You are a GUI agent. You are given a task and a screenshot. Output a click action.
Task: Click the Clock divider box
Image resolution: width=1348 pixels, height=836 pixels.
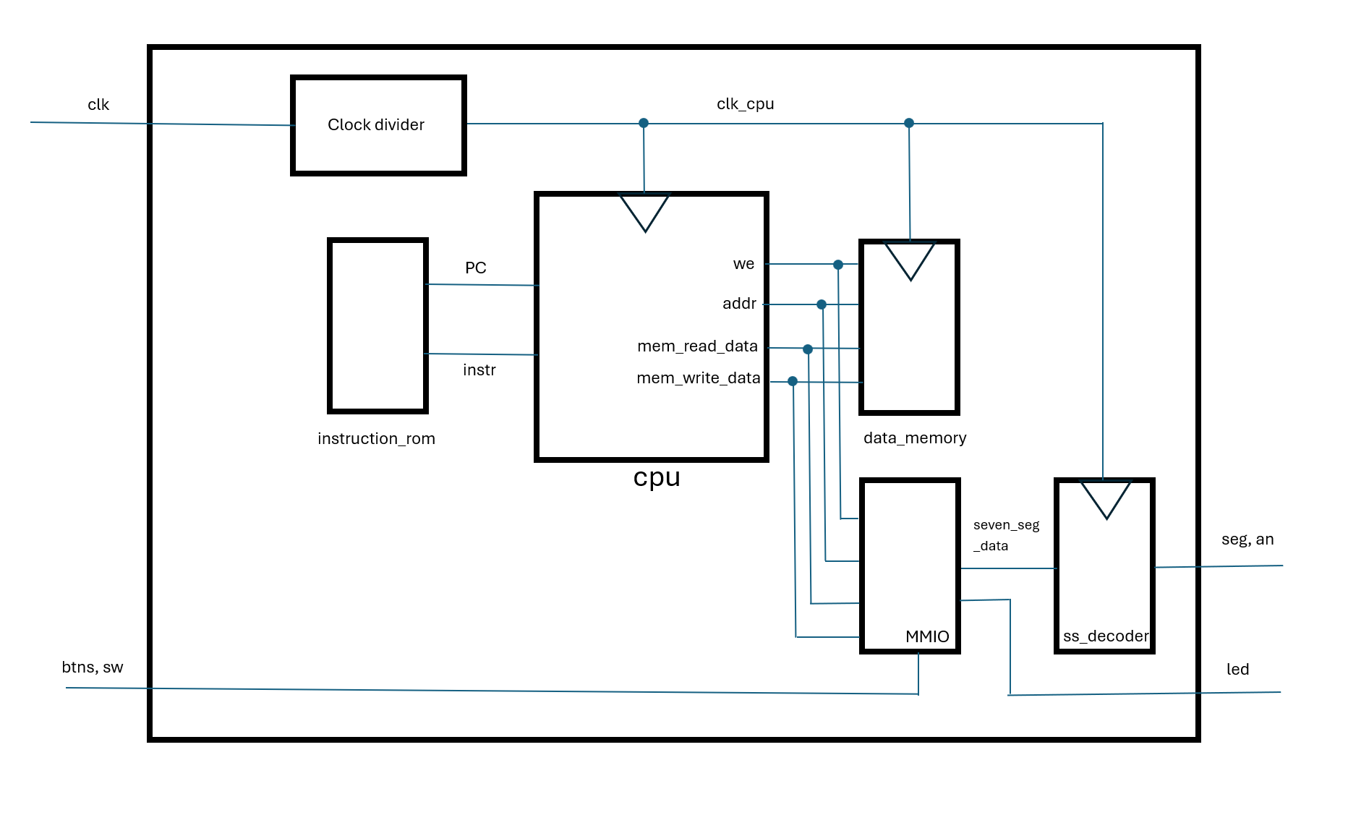(377, 125)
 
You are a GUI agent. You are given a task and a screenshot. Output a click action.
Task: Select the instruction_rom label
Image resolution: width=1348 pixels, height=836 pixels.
(376, 439)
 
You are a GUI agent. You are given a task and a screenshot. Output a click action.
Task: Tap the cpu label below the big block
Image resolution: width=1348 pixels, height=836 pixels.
(657, 477)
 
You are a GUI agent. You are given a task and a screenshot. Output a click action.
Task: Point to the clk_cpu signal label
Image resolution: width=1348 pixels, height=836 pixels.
(745, 104)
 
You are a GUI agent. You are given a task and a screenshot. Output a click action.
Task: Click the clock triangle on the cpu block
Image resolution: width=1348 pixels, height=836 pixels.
(644, 211)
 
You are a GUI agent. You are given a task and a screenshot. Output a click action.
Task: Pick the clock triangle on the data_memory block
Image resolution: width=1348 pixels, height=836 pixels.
(910, 260)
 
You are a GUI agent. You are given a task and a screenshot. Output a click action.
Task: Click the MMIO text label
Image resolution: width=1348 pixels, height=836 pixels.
(927, 636)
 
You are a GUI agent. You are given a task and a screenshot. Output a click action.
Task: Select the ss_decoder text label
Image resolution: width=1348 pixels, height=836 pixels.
(1105, 636)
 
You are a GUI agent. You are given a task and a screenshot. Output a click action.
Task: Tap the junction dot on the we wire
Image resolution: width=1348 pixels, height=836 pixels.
(838, 265)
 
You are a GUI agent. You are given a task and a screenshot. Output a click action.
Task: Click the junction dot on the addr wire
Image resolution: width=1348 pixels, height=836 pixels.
(822, 304)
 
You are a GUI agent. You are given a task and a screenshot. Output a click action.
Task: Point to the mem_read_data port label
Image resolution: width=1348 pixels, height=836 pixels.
(697, 346)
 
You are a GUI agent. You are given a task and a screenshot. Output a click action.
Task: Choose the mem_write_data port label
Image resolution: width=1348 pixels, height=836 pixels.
(698, 378)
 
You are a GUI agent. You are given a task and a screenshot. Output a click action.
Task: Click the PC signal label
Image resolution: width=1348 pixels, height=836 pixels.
(475, 268)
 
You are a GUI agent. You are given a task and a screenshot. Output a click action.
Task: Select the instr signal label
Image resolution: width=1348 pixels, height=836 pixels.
(479, 370)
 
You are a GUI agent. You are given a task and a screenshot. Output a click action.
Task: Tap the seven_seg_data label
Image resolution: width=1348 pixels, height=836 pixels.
(1005, 535)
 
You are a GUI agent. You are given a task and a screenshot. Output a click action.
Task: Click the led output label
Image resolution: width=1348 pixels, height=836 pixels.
(1237, 670)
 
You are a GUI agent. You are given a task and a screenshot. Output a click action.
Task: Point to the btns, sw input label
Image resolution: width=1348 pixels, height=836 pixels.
(93, 667)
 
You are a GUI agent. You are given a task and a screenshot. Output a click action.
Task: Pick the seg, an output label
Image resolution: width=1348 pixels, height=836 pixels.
(1247, 539)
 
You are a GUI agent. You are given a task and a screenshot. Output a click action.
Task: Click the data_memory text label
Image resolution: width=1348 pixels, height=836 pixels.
(915, 438)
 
